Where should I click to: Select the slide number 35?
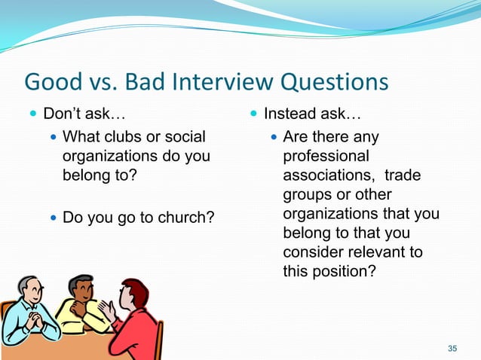452,348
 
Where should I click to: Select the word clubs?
126,137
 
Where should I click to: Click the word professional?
326,157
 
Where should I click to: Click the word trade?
403,175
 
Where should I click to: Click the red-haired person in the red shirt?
136,316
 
